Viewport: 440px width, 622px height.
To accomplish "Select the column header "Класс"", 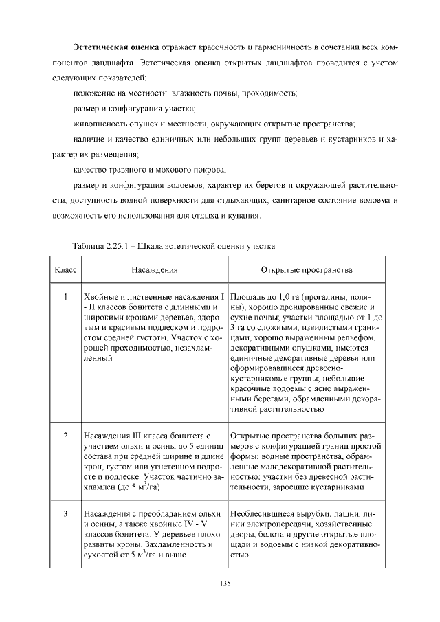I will click(x=64, y=271).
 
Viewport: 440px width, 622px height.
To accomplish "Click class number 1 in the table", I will click(x=64, y=297).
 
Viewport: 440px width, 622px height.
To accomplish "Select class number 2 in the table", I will click(x=64, y=436).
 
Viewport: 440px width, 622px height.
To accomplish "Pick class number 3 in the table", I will click(x=64, y=513).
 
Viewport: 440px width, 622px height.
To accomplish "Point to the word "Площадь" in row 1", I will click(x=248, y=297).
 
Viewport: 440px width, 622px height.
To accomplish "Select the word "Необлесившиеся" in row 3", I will click(x=264, y=513).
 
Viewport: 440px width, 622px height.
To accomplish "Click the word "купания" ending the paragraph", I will click(x=247, y=215).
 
